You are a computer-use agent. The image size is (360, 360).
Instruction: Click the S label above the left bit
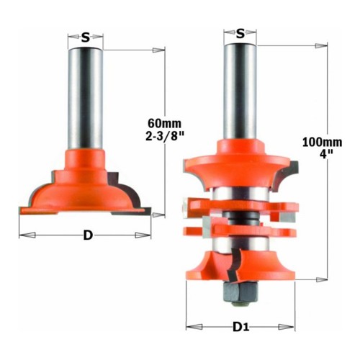(86, 37)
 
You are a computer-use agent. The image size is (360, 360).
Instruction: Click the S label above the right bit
(240, 34)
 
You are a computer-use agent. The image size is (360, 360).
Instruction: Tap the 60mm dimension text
(164, 124)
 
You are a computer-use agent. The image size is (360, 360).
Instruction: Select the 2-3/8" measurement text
(164, 137)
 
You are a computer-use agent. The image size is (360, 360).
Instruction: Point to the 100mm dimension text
(322, 143)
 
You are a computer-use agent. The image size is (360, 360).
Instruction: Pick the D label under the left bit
(88, 235)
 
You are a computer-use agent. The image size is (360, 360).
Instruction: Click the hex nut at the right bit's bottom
(240, 291)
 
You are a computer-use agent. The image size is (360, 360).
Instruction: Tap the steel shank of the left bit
(86, 99)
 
